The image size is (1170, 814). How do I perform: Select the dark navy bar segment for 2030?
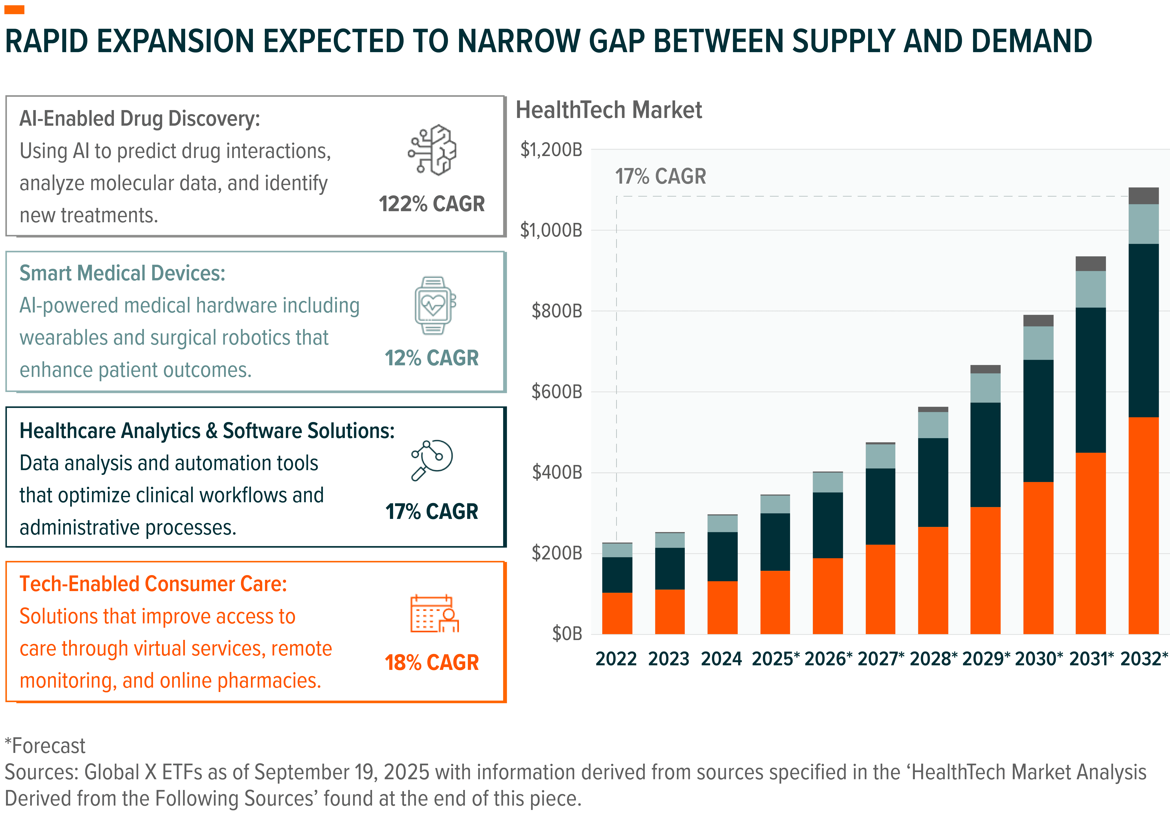tap(1038, 420)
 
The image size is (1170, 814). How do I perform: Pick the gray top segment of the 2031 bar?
tap(1091, 263)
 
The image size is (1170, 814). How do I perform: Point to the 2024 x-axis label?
tap(721, 659)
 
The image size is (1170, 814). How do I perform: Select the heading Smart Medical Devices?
tap(122, 273)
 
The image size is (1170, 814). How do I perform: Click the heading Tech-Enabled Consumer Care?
tap(153, 584)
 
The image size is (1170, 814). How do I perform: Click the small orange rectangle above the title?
tap(14, 10)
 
